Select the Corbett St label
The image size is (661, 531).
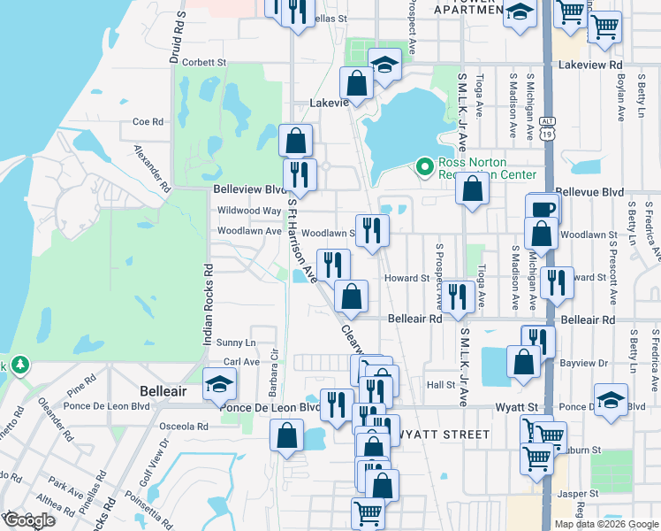[x=204, y=63]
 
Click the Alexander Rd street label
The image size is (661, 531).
[x=151, y=169]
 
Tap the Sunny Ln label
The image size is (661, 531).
[x=236, y=342]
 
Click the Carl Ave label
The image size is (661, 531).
[x=241, y=362]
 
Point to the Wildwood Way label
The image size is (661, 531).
[x=249, y=211]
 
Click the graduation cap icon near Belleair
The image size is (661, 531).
[x=218, y=384]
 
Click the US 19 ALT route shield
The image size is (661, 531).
[x=549, y=130]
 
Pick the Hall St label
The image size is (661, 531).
[x=440, y=385]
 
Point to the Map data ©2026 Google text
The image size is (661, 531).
[x=606, y=524]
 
